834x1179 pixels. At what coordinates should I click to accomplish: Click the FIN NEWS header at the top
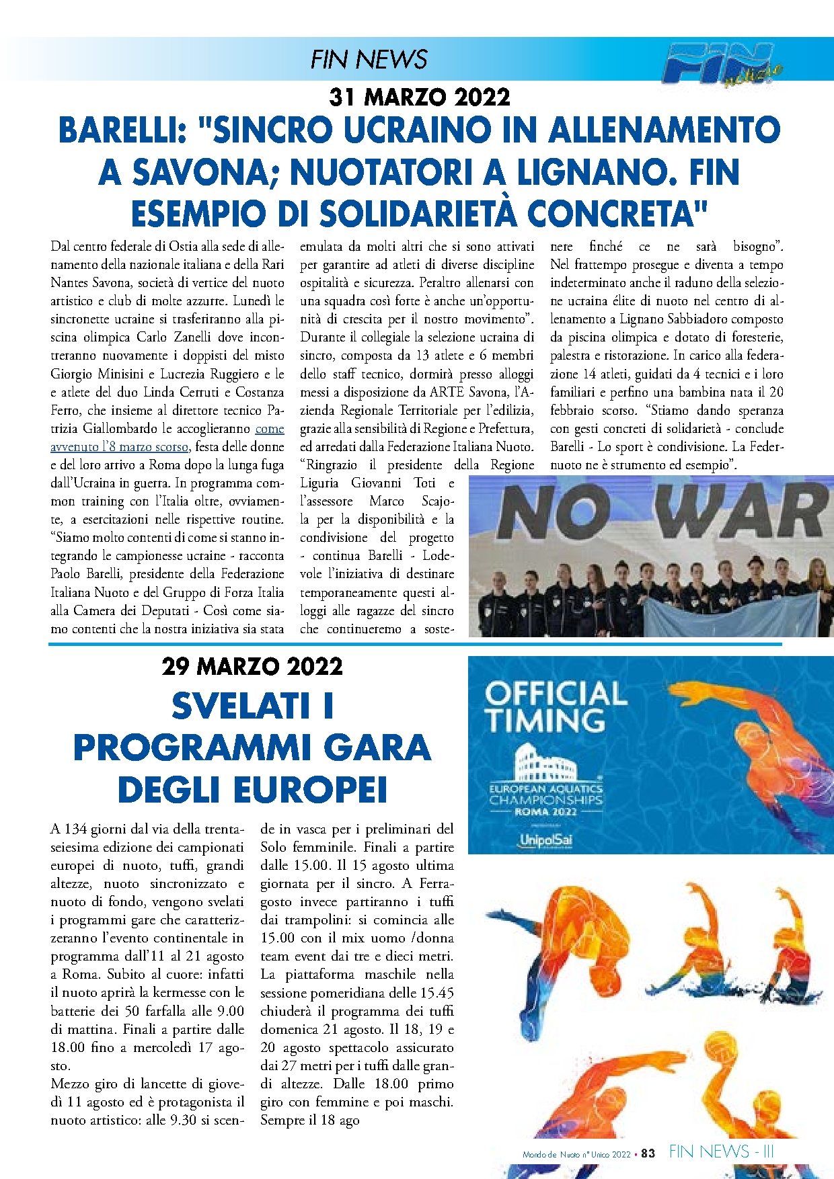pos(369,60)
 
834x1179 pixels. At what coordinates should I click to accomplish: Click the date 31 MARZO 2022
pos(420,97)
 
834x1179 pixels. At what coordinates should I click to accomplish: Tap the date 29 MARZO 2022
pos(252,666)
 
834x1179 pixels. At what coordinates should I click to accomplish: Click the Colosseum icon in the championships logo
pos(545,763)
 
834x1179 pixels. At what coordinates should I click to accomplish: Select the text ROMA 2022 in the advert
pos(545,811)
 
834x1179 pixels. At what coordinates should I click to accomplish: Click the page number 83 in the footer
pos(648,1153)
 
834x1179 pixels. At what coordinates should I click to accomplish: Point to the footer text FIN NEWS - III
pos(721,1152)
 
